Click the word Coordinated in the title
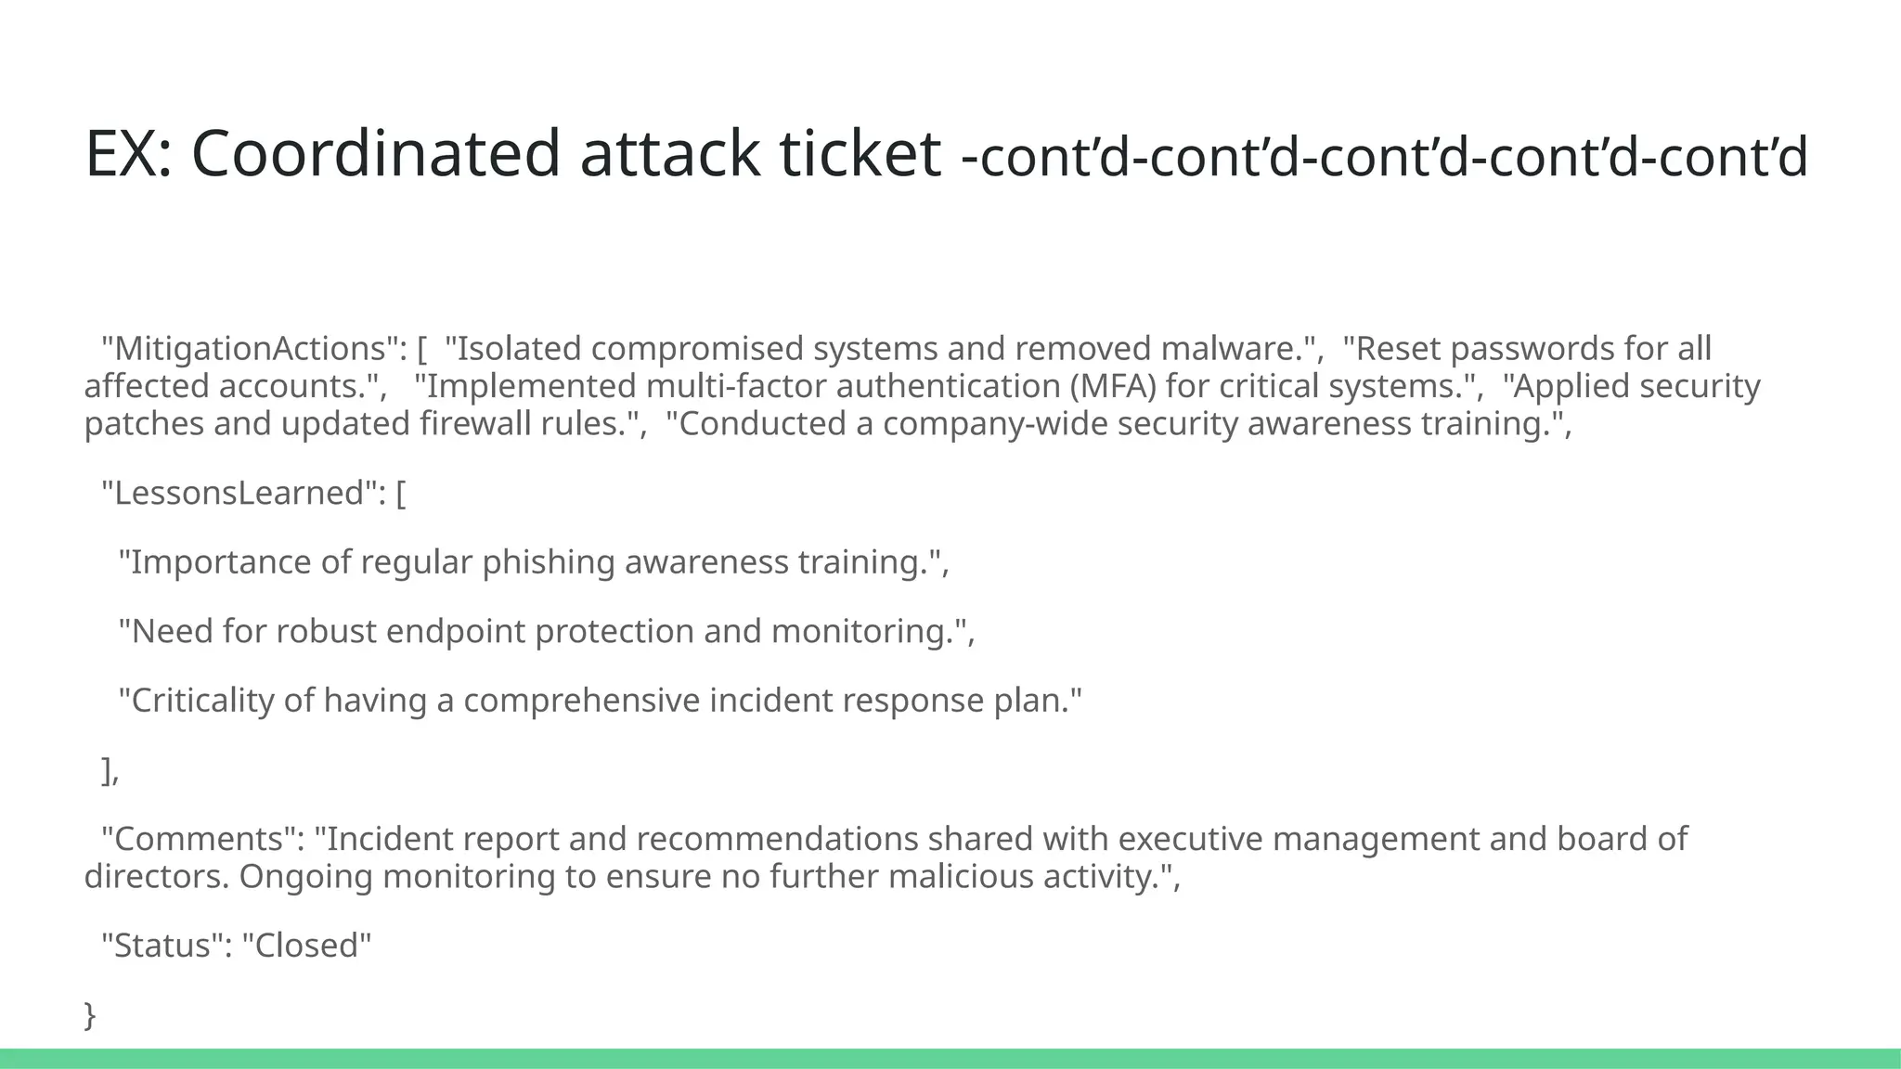[375, 153]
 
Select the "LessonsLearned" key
[239, 493]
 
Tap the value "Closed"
[306, 946]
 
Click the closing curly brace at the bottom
[90, 1015]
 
